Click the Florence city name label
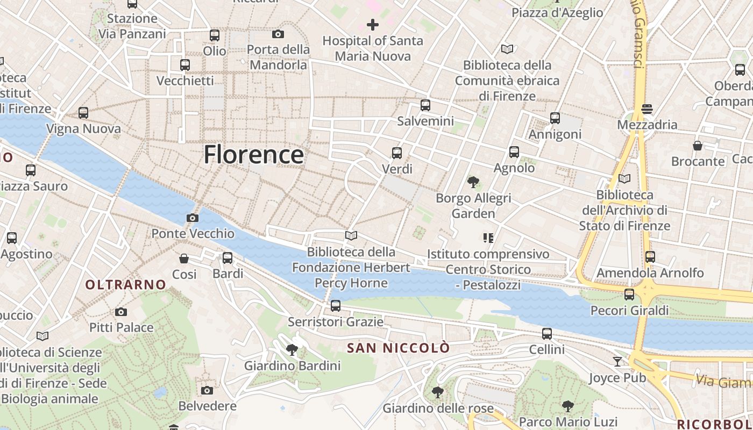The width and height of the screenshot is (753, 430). click(x=253, y=155)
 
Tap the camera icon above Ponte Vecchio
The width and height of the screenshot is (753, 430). click(x=192, y=218)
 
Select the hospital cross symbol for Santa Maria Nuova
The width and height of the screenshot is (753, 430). click(x=372, y=24)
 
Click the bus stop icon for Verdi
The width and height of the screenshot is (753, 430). click(x=397, y=153)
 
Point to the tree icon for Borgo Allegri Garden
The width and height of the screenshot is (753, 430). click(x=473, y=182)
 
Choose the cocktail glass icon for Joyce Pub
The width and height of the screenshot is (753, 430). click(x=617, y=362)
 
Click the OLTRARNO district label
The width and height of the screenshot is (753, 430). click(x=125, y=285)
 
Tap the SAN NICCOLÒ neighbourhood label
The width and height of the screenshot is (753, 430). click(x=398, y=348)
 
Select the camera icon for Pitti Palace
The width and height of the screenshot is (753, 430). click(x=121, y=312)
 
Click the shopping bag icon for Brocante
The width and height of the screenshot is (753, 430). click(x=698, y=146)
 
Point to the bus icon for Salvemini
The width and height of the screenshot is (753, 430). click(x=425, y=105)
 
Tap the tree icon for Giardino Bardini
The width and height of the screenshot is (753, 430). click(x=292, y=350)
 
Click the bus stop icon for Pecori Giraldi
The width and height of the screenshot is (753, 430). click(x=629, y=295)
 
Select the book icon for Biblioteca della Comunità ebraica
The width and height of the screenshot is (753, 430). click(x=507, y=49)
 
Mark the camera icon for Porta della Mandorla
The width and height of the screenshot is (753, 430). click(x=278, y=34)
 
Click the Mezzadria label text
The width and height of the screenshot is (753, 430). click(x=647, y=125)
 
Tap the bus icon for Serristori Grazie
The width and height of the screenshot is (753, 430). click(x=336, y=306)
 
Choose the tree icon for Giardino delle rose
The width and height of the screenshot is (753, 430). click(x=438, y=392)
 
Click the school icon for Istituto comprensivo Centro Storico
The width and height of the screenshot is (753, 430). click(x=488, y=238)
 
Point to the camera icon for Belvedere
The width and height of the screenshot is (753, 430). click(x=207, y=390)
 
